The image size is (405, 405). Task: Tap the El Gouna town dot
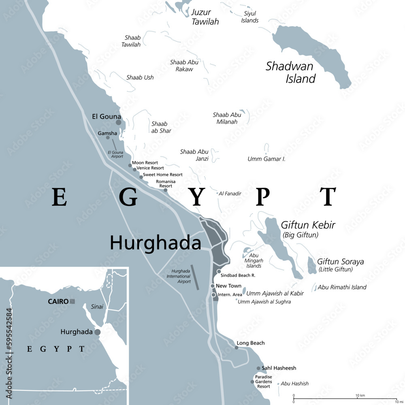(118, 122)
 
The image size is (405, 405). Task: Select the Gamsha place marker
(108, 138)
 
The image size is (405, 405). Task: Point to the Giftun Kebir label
(308, 225)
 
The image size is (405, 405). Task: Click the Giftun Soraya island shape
(312, 265)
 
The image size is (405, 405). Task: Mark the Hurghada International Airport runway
(195, 277)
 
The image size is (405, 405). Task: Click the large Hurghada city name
(156, 243)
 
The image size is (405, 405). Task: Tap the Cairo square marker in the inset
(72, 301)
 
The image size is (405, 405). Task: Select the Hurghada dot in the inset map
(98, 332)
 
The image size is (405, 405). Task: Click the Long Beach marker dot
(237, 347)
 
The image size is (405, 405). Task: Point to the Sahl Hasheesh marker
(258, 368)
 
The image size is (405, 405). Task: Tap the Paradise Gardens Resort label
(264, 382)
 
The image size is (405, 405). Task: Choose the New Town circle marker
(213, 286)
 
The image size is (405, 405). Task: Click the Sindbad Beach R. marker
(219, 271)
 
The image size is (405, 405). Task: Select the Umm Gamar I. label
(266, 159)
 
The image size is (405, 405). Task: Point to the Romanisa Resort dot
(165, 190)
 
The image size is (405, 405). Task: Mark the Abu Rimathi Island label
(342, 287)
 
